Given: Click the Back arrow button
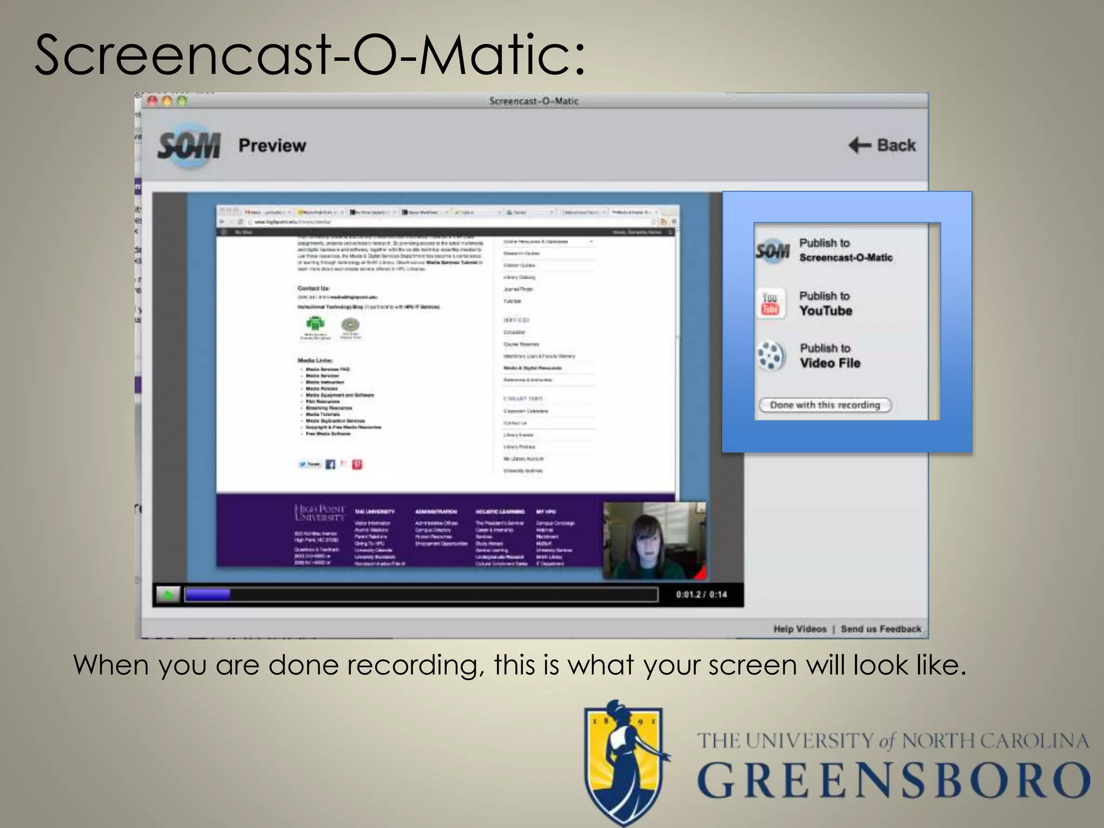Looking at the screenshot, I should [882, 145].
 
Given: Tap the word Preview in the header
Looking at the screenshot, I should [272, 146].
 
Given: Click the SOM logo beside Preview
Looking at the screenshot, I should [189, 146].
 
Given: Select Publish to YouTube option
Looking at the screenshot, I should [825, 303].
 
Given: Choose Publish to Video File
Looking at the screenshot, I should [830, 356].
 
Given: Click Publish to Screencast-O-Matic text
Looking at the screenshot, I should [845, 250].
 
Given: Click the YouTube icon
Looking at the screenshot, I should [770, 303].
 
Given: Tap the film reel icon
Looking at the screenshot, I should [771, 356].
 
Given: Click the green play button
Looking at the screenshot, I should [168, 595].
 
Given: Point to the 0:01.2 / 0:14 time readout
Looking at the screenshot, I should [701, 595].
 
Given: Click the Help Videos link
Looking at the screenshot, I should [799, 629].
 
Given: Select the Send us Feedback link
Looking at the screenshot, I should [881, 629].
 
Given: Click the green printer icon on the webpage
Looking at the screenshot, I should [315, 323].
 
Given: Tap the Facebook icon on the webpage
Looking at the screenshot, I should [330, 464].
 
